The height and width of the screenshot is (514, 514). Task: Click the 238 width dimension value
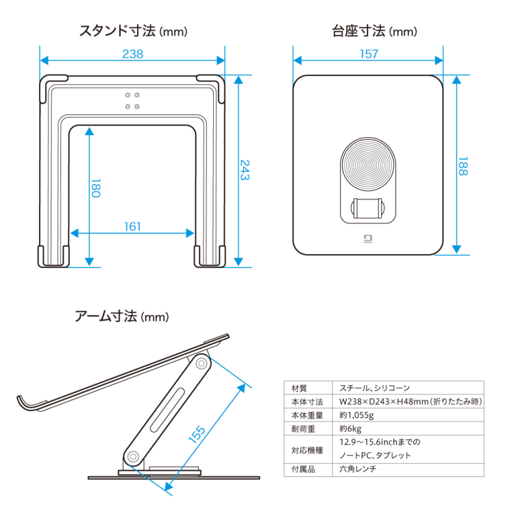(132, 54)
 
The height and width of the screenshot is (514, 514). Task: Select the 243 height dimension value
(245, 170)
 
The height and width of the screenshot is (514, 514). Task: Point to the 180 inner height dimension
(96, 188)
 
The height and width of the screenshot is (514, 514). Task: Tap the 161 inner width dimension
(132, 225)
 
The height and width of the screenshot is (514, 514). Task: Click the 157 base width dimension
(368, 54)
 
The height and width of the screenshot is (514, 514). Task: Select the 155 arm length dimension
(197, 435)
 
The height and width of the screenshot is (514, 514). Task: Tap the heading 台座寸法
(355, 31)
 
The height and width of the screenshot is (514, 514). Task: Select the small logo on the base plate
(367, 239)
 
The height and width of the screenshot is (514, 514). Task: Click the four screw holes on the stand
(132, 100)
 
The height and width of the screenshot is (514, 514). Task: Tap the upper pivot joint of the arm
(201, 363)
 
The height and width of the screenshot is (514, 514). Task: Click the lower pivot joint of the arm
(133, 456)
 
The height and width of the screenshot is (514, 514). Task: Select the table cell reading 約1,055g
(357, 415)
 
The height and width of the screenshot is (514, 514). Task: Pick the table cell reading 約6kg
(351, 428)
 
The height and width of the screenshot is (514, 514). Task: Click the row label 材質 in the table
(299, 388)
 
